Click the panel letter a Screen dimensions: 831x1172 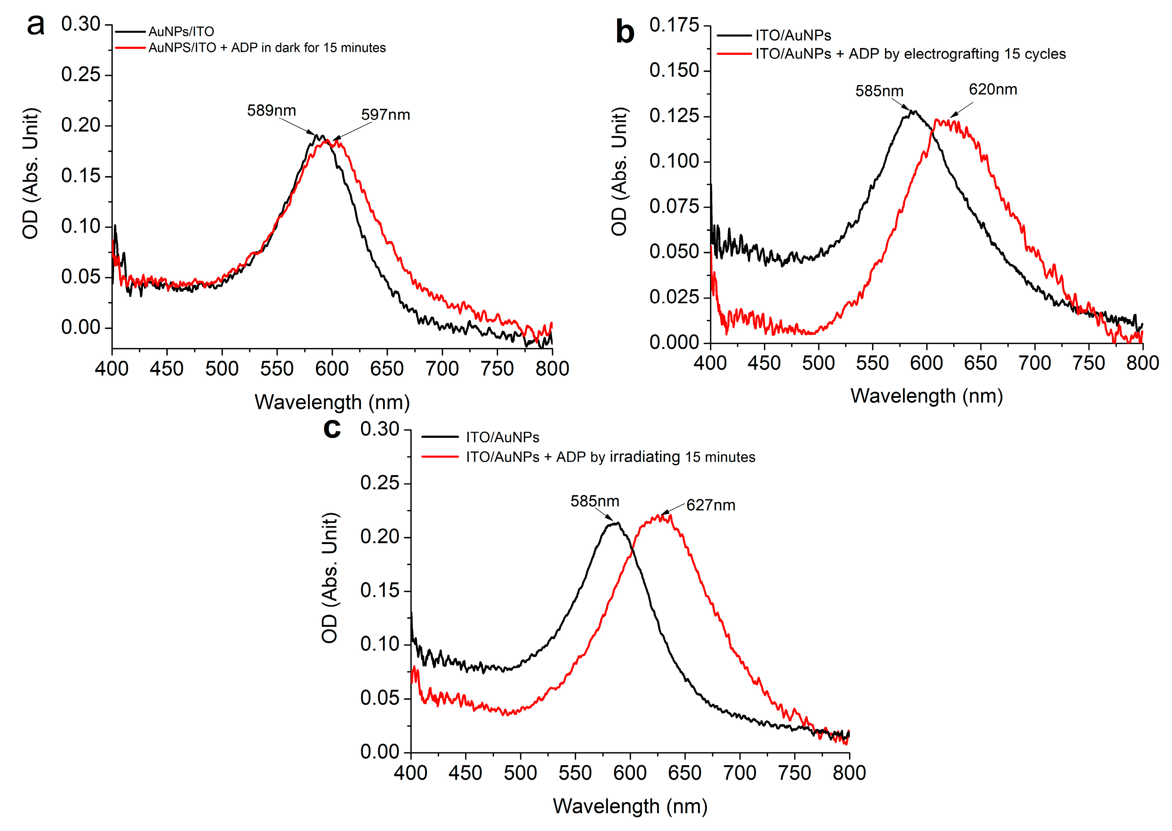[x=36, y=26]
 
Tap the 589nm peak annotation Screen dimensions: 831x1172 [x=271, y=111]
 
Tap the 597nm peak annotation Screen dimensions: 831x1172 [x=385, y=115]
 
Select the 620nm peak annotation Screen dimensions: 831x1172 [x=992, y=89]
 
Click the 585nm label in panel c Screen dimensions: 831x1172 [x=595, y=501]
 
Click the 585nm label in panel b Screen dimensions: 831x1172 [x=879, y=91]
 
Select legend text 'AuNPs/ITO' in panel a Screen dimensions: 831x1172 [x=181, y=32]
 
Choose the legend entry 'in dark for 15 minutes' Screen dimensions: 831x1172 [x=267, y=48]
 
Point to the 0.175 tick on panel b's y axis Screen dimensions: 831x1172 [x=674, y=25]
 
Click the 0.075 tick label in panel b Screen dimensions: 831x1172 [x=674, y=206]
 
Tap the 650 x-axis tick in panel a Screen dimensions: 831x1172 [x=387, y=368]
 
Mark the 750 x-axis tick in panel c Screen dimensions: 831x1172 [x=794, y=773]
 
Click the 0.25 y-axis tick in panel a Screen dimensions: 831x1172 [x=80, y=75]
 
